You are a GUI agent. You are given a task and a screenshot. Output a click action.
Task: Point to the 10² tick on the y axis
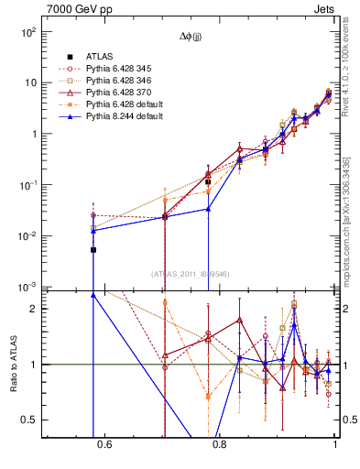(x=29, y=31)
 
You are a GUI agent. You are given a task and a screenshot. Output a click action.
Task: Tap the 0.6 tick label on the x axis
(x=104, y=446)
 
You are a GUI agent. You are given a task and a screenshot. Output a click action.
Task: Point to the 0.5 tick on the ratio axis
(x=30, y=420)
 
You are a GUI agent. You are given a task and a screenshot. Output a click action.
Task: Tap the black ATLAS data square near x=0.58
(x=93, y=249)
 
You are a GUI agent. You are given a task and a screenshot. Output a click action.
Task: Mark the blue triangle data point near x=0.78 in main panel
(x=208, y=209)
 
